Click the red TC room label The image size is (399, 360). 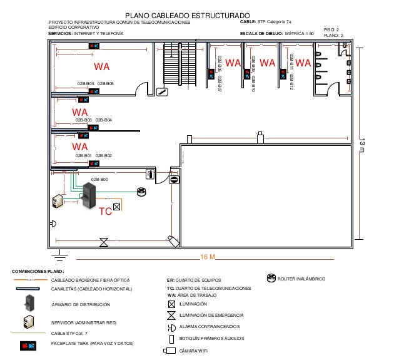(x=106, y=212)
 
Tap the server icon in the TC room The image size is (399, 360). (x=58, y=200)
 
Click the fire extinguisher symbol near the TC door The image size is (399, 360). (x=150, y=174)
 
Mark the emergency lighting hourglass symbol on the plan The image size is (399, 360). (x=104, y=241)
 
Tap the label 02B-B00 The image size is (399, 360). (x=99, y=180)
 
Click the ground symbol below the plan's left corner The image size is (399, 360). (x=59, y=254)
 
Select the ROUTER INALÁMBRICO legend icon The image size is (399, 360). (x=271, y=278)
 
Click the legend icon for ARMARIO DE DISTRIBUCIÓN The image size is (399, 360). (x=29, y=303)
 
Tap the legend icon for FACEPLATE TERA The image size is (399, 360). (x=29, y=344)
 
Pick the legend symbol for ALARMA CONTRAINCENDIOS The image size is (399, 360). (x=171, y=327)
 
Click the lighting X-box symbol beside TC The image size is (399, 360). (x=117, y=205)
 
